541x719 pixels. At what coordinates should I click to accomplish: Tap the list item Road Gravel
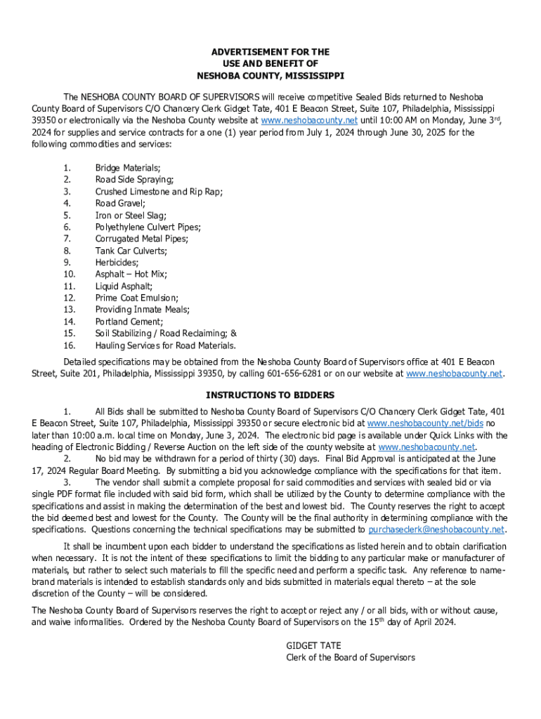click(x=120, y=204)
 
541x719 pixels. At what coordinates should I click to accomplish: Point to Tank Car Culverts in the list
click(x=131, y=251)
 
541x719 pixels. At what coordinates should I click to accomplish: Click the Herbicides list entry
click(x=118, y=263)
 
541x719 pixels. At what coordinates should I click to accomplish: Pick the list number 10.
click(x=69, y=275)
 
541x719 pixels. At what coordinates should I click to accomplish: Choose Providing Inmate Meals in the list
click(x=143, y=310)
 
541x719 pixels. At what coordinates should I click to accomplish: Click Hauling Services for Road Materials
click(x=166, y=345)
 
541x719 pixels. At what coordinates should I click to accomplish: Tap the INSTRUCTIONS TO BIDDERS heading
click(x=270, y=395)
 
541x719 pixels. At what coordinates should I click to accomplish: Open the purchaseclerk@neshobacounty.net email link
click(x=436, y=529)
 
